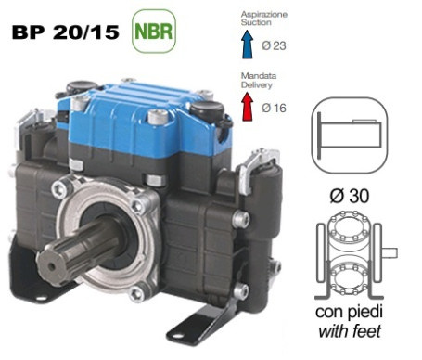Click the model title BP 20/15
pos(65,32)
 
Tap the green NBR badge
pos(154,31)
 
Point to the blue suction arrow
pos(248,45)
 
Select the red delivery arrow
pos(248,107)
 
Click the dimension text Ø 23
pos(274,45)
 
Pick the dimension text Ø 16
pos(274,108)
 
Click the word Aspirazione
pos(264,15)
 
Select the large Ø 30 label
pos(350,196)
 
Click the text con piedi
pos(349,312)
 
